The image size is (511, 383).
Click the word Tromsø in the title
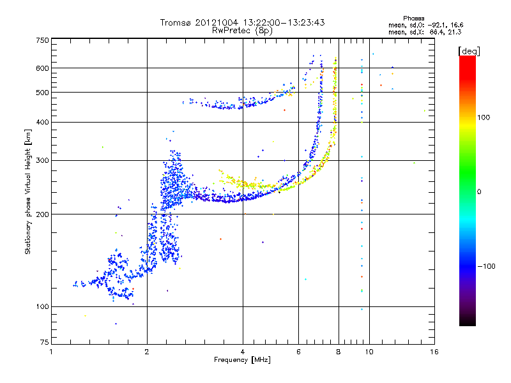click(x=176, y=22)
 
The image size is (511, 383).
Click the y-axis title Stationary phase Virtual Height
click(x=28, y=191)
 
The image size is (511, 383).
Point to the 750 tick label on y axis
click(x=42, y=40)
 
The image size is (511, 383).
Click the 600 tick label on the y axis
click(x=42, y=68)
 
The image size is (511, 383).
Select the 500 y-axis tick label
click(x=42, y=92)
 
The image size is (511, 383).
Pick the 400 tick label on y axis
click(x=42, y=122)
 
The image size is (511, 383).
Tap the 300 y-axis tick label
click(x=42, y=160)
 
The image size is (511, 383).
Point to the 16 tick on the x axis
click(x=434, y=352)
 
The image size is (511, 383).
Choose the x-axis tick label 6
click(x=299, y=352)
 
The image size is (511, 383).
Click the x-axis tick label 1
click(x=51, y=352)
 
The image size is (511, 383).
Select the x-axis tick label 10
click(x=369, y=352)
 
